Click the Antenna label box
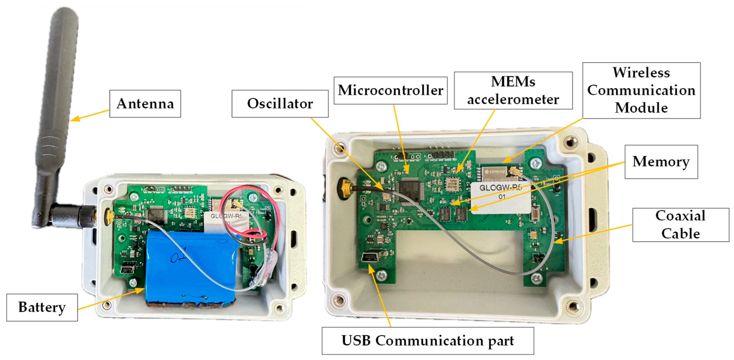click(145, 104)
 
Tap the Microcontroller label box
click(390, 90)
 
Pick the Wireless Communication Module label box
click(641, 90)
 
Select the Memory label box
click(661, 162)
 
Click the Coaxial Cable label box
click(680, 225)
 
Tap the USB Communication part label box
click(427, 341)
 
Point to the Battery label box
click(42, 307)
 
